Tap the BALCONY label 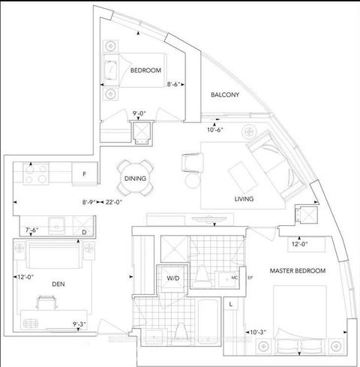coord(224,95)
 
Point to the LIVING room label coord(244,199)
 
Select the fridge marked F coord(85,174)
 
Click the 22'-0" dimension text coord(115,203)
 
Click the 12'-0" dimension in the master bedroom coord(300,243)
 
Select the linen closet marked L coord(232,305)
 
